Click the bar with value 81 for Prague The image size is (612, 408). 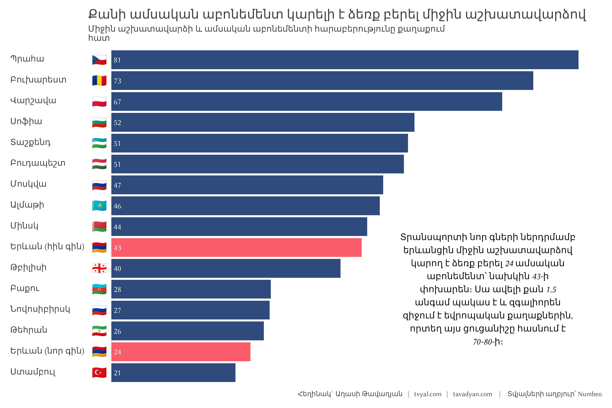345,60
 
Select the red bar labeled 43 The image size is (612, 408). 236,248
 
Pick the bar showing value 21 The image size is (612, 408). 173,373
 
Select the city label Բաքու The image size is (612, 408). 25,288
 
